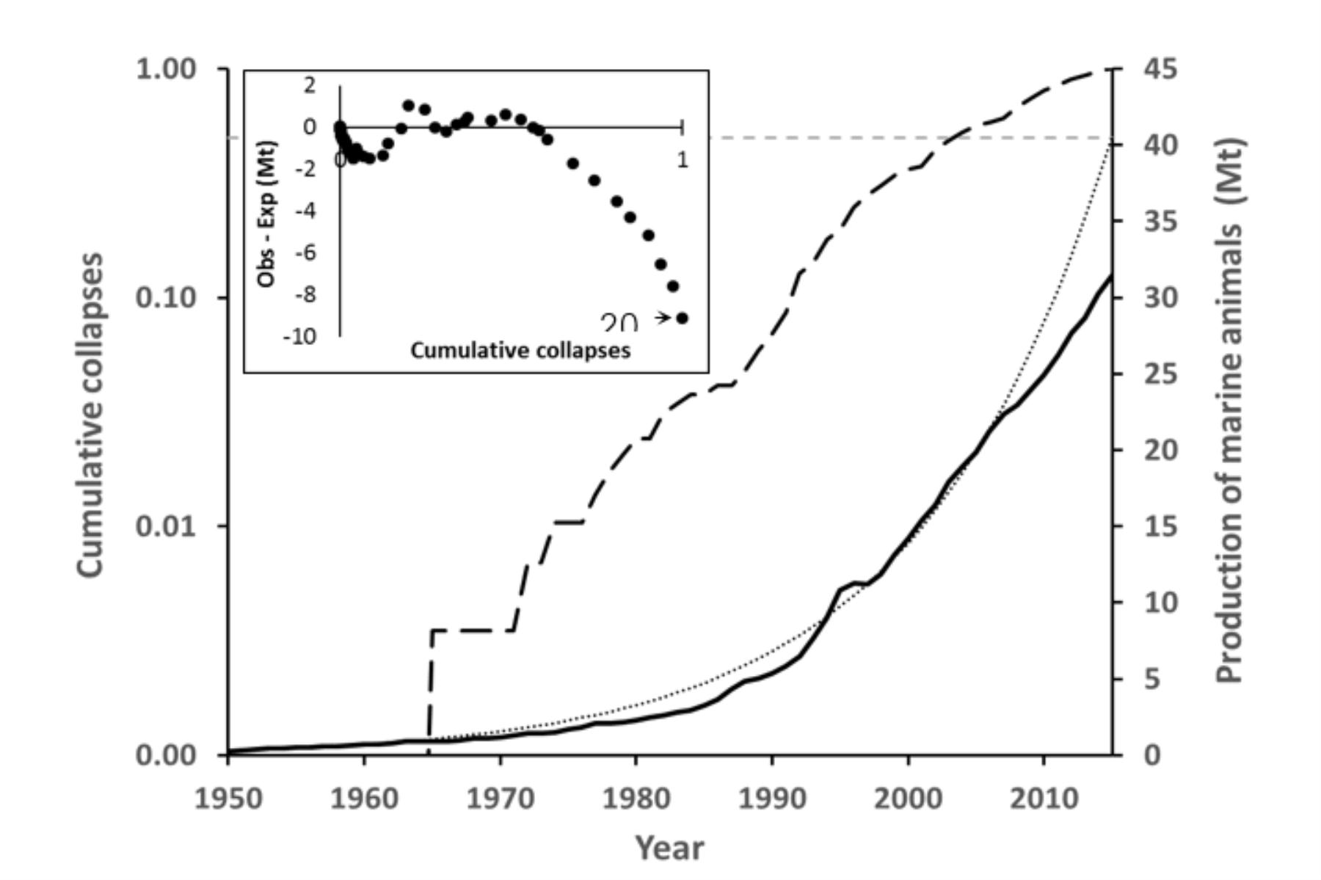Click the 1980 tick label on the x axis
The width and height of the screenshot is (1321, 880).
[x=636, y=799]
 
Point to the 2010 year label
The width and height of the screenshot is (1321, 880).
[x=1044, y=799]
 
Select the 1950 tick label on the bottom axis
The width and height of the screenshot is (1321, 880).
[x=228, y=799]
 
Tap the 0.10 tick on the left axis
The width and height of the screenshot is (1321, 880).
[x=167, y=298]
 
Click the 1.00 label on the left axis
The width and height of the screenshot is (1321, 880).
[x=167, y=70]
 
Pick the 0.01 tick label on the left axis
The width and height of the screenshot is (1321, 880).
[x=167, y=526]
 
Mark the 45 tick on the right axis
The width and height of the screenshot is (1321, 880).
[x=1160, y=70]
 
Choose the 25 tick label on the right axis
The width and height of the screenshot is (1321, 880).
[x=1160, y=375]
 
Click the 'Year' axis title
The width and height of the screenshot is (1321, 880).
[x=669, y=848]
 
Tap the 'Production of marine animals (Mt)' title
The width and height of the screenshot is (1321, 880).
[x=1230, y=411]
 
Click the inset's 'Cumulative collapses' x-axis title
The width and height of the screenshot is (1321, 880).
[x=520, y=351]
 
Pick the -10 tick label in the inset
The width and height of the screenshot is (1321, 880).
[x=299, y=337]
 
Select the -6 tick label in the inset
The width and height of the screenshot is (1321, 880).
[x=305, y=252]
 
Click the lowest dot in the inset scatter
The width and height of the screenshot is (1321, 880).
[x=683, y=319]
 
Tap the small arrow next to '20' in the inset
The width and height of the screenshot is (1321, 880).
[x=662, y=318]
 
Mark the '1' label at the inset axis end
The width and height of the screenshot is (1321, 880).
[x=683, y=159]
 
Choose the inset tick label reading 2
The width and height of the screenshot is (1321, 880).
[x=310, y=85]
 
